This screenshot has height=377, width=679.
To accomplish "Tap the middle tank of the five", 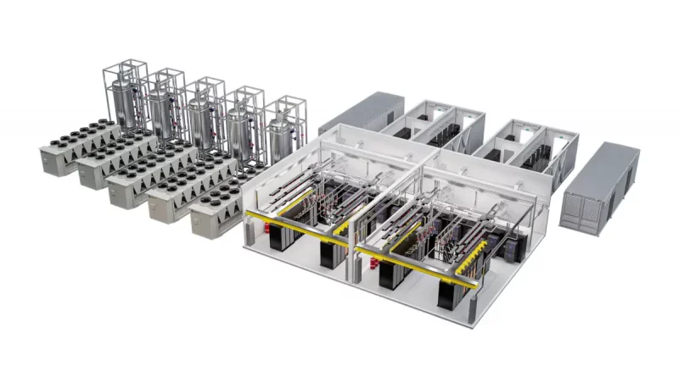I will tap(202, 116).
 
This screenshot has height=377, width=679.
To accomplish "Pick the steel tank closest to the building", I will tap(279, 136).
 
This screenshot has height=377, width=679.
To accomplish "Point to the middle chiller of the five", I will tap(149, 182).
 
